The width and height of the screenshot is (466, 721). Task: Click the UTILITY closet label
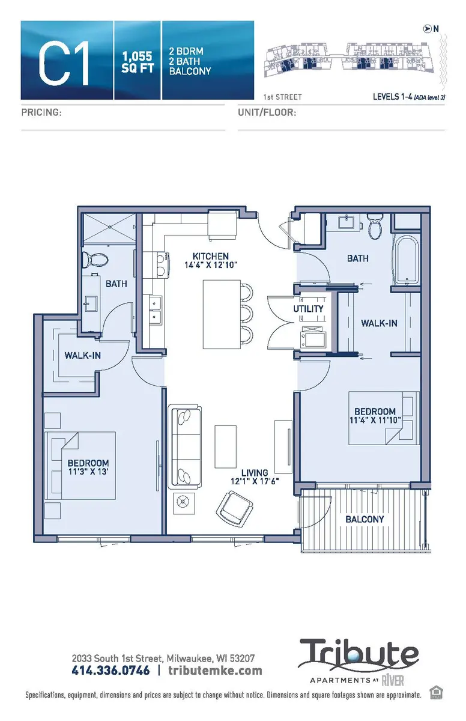[x=309, y=309]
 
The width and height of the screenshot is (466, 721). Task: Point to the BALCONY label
[x=365, y=519]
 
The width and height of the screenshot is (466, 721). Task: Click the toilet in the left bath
[x=96, y=260]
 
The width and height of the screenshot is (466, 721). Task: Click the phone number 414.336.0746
[x=110, y=670]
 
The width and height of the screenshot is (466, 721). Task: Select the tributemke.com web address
[x=215, y=670]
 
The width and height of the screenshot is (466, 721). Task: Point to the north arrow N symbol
[x=427, y=28]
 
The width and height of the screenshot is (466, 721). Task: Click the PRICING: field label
[x=42, y=112]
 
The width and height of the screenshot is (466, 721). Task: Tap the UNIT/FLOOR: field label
[x=267, y=112]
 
